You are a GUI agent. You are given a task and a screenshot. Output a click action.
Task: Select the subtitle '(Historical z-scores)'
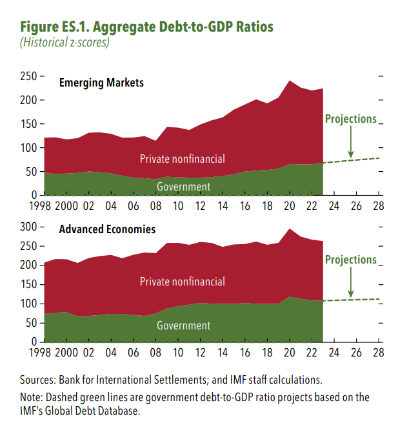(x=65, y=43)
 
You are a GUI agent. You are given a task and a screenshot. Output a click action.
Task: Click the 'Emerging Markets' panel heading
(x=101, y=83)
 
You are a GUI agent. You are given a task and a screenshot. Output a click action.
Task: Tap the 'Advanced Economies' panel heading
(x=107, y=229)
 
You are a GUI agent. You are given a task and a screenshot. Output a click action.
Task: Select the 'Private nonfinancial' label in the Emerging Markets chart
(x=183, y=158)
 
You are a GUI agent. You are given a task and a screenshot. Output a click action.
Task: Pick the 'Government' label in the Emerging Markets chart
(x=184, y=187)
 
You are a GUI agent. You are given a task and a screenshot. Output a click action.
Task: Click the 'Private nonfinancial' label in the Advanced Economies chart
(x=183, y=281)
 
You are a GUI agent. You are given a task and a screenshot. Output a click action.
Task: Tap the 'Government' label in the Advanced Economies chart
(x=184, y=326)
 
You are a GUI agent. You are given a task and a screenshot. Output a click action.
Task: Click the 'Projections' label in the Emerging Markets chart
(x=350, y=119)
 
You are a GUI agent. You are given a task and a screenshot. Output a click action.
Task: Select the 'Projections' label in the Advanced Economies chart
(x=350, y=260)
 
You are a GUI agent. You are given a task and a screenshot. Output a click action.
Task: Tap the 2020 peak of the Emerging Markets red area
(x=290, y=81)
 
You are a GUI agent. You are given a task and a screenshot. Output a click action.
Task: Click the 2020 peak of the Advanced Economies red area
(x=290, y=229)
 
